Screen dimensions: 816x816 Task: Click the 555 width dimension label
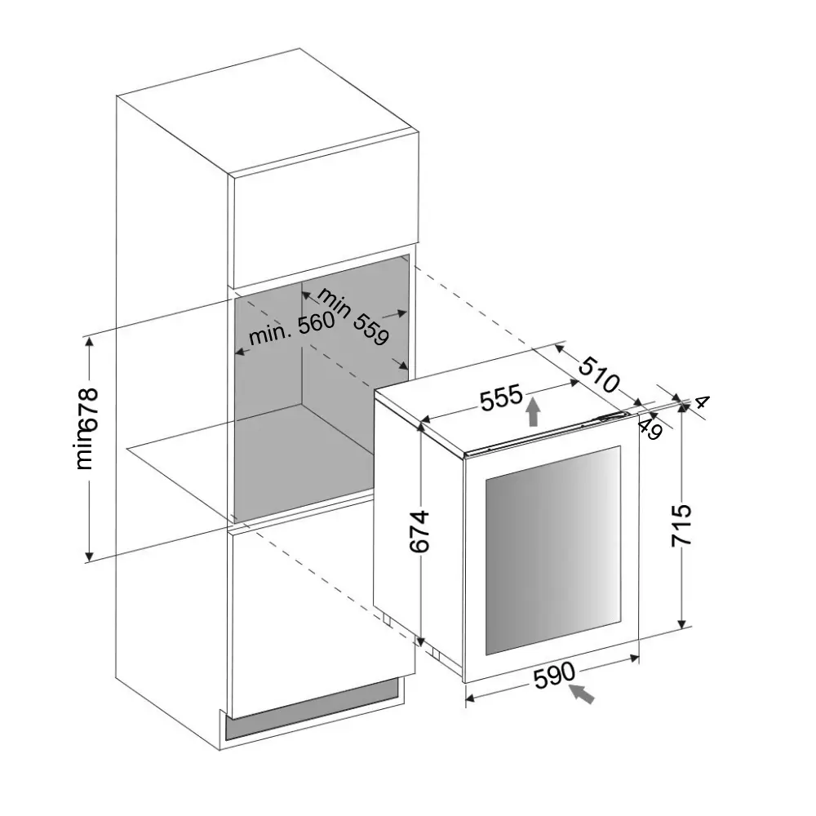click(x=500, y=398)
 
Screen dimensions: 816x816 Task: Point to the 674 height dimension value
click(x=418, y=531)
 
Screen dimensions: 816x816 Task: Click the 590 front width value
click(x=555, y=676)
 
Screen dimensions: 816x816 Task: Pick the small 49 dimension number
click(x=650, y=428)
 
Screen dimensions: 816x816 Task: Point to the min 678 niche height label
click(x=86, y=428)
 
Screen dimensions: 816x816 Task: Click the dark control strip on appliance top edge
click(x=612, y=418)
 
